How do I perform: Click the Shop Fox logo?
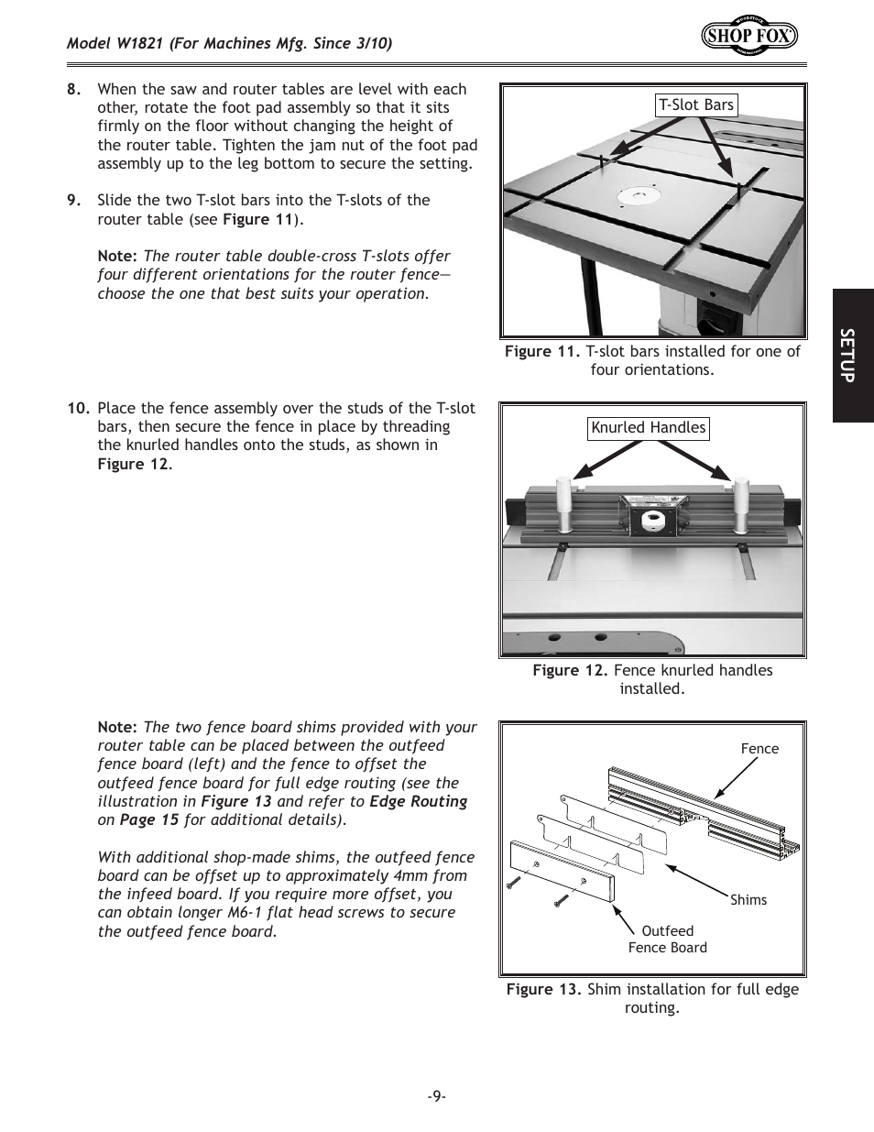coord(749,35)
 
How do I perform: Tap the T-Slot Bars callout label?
coord(696,105)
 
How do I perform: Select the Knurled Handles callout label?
coord(649,428)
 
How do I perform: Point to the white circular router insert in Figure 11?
coord(639,196)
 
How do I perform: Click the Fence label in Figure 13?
coord(759,749)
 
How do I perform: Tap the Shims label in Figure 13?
coord(748,900)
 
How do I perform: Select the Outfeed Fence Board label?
coord(668,940)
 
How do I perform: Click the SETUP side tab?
coord(852,356)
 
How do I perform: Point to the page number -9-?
coord(436,1096)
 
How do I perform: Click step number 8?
coord(74,90)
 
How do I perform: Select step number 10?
coord(78,409)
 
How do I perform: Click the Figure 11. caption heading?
coord(542,352)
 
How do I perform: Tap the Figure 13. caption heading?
coord(544,990)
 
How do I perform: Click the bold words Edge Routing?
coord(418,802)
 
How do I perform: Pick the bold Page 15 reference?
coord(148,820)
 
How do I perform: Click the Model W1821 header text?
coord(229,44)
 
